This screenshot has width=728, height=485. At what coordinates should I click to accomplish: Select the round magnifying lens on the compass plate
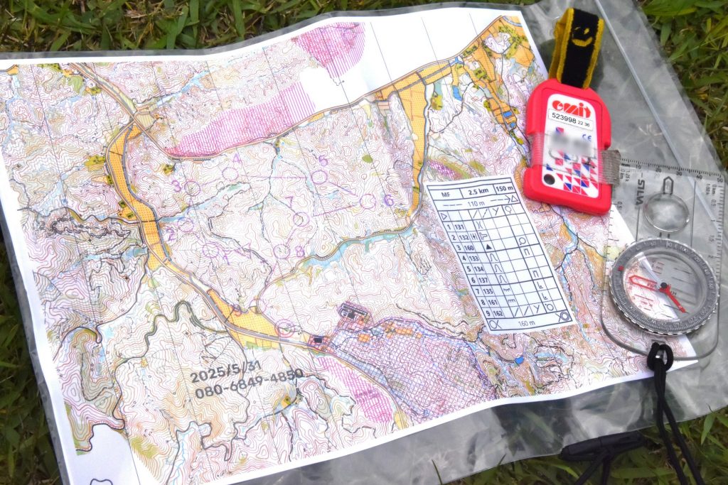pos(666,213)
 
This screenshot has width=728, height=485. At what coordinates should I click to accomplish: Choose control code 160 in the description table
pos(468,249)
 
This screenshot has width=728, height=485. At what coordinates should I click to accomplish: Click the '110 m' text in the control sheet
pos(473,203)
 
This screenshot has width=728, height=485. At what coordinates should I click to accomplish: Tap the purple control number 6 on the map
pos(388,200)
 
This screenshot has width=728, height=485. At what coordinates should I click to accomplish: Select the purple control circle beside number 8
pos(282,251)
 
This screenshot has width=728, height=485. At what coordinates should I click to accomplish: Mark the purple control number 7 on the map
pos(289,201)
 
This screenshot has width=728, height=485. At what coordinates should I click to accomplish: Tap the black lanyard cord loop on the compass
pos(659,356)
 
